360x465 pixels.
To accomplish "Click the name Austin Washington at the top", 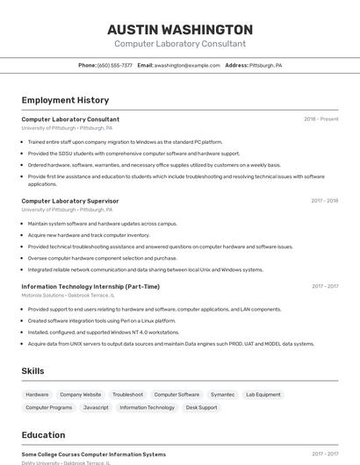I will click(x=179, y=29).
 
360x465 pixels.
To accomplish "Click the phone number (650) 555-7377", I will click(x=114, y=65).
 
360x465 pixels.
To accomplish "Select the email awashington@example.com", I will click(x=187, y=65).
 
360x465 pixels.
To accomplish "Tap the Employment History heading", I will click(x=65, y=100).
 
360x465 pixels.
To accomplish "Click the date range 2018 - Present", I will click(x=320, y=119).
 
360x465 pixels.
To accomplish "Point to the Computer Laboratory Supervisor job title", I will click(x=69, y=201).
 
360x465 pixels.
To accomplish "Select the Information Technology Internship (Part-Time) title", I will click(x=90, y=286).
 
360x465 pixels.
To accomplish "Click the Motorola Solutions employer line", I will click(x=68, y=295).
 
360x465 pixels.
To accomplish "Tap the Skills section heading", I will click(x=32, y=371).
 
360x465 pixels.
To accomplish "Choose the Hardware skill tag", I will click(x=37, y=395).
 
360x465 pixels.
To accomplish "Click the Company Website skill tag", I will click(x=80, y=395).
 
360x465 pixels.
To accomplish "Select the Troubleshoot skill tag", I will click(x=127, y=395).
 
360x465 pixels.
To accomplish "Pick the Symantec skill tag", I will click(x=222, y=395).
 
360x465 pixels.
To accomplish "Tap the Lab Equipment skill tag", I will click(x=263, y=395).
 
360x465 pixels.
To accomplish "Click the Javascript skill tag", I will click(x=96, y=407).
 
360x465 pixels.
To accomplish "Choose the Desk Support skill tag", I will click(x=201, y=407).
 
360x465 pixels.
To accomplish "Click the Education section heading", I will click(x=43, y=435).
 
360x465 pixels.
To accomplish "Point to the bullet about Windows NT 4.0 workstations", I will click(x=103, y=333).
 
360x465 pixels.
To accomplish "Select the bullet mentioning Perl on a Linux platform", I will click(x=101, y=321).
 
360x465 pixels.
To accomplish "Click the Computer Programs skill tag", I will click(x=48, y=407).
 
